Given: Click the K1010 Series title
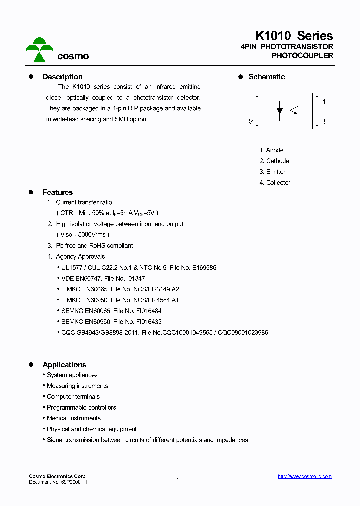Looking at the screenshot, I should (294, 36).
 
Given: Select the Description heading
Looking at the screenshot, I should (62, 77).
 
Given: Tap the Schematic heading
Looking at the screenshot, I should (267, 77).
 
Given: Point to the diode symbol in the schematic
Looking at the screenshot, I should (280, 110).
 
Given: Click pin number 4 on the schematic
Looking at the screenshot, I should (324, 102).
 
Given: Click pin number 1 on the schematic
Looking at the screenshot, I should (250, 102).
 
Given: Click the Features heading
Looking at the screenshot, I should (57, 192).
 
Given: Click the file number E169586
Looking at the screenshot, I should (204, 268).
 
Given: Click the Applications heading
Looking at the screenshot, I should (64, 365).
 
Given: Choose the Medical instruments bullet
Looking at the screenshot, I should (73, 418).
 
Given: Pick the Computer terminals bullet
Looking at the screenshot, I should (73, 397).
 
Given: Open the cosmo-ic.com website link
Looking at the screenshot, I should (304, 476).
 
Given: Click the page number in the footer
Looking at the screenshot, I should (177, 480).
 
